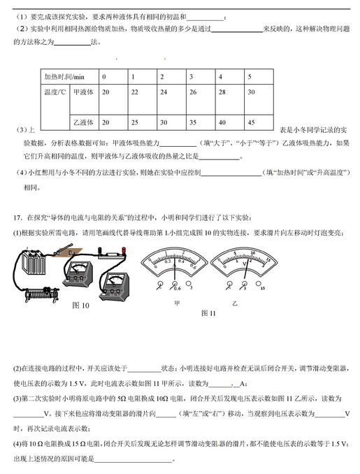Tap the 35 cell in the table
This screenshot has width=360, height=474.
(x=192, y=122)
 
